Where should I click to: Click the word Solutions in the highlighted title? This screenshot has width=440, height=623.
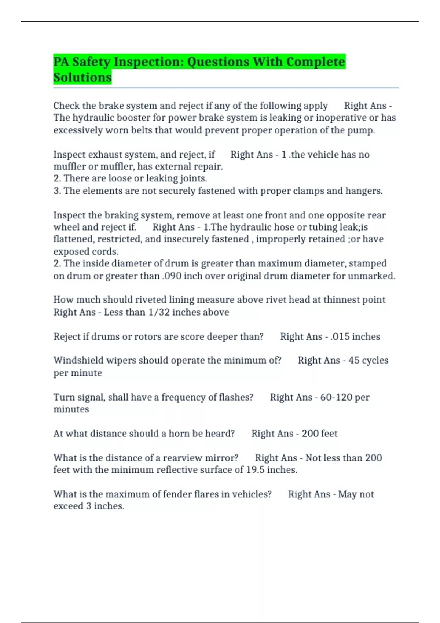[x=82, y=77]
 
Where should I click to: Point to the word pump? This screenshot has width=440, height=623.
[x=363, y=130]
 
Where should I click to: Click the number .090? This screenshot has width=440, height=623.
[x=172, y=276]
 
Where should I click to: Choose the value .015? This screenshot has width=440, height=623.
[x=340, y=336]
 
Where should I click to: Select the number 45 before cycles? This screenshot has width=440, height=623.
[x=354, y=360]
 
